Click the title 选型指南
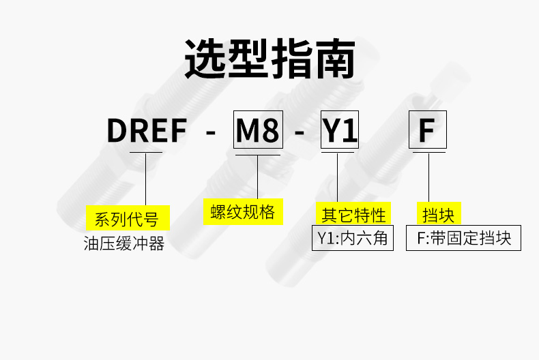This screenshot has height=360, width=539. (270, 59)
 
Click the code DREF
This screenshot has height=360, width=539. (147, 130)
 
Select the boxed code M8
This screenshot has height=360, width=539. (258, 130)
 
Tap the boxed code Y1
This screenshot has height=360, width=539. (340, 130)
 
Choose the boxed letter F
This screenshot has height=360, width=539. (428, 130)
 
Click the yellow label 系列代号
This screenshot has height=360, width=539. (128, 217)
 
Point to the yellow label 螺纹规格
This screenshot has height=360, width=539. (243, 211)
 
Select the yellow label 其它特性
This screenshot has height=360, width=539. (353, 213)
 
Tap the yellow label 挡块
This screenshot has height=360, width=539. (439, 213)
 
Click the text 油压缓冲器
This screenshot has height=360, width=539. (124, 243)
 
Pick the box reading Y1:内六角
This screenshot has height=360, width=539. (353, 238)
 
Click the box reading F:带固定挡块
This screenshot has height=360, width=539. (463, 238)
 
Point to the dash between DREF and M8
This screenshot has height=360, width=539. (210, 132)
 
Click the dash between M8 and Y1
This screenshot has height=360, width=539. (300, 132)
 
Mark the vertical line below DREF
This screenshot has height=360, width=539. (146, 179)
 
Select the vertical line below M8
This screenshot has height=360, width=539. (257, 177)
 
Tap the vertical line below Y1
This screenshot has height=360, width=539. (337, 177)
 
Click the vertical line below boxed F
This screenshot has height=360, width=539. (428, 177)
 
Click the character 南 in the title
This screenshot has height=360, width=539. (335, 59)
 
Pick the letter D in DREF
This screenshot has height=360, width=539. (117, 130)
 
